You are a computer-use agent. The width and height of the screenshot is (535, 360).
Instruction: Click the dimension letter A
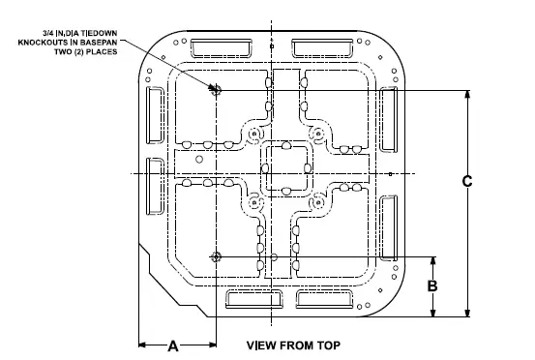pos(175,345)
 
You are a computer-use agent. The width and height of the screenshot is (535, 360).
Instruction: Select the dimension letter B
pos(433,286)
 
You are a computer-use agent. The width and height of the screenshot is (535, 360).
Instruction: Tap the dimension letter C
pos(467,181)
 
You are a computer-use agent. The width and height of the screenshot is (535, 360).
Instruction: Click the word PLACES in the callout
pos(99,52)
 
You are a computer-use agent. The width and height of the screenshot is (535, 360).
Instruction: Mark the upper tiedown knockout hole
pos(215,90)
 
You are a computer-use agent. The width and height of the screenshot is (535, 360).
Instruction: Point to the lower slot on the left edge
pos(155,184)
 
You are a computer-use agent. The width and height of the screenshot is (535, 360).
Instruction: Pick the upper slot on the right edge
pos(389,119)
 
